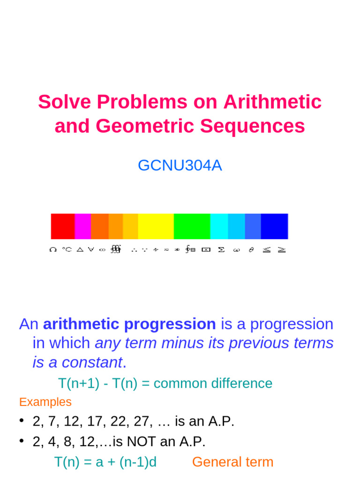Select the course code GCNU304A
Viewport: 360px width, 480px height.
coord(180,165)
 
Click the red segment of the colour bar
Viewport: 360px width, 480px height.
coord(63,226)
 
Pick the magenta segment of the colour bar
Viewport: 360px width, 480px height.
coord(82,226)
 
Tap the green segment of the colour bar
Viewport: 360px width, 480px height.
coord(192,226)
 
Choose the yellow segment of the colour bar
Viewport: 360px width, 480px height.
coord(156,226)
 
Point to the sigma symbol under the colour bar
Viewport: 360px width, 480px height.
coord(221,250)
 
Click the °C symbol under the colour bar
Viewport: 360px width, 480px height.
coord(67,250)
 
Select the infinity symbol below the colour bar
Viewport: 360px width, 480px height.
coord(102,250)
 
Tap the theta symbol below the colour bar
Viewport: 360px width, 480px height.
coord(251,250)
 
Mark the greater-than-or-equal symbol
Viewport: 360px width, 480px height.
coord(281,250)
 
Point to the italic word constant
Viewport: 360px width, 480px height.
coord(99,362)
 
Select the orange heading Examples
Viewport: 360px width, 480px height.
coord(45,402)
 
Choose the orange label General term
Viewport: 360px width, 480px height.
coord(232,462)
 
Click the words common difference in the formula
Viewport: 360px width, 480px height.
coord(213,383)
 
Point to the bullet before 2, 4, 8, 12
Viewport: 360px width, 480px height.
coord(22,441)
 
